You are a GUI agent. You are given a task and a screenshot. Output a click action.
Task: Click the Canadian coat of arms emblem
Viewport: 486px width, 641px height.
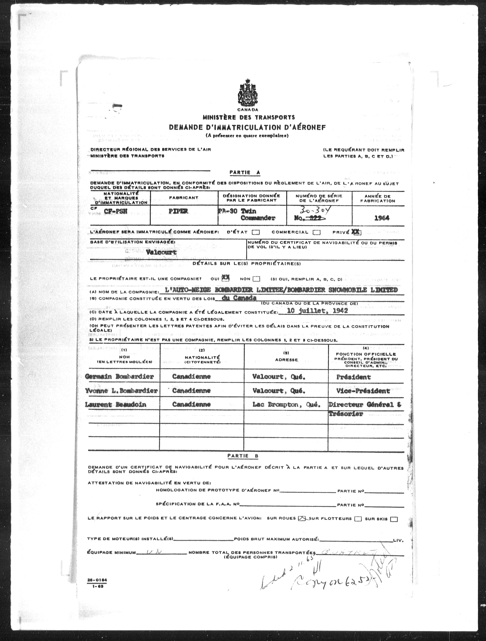coord(247,93)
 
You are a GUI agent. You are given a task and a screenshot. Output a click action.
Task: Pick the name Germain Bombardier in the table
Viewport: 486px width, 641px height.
coord(119,377)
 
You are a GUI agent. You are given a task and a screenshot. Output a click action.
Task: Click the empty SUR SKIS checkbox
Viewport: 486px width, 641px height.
coord(394,519)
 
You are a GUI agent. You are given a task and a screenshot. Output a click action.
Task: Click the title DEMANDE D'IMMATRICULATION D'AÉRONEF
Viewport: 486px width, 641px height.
coord(247,127)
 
